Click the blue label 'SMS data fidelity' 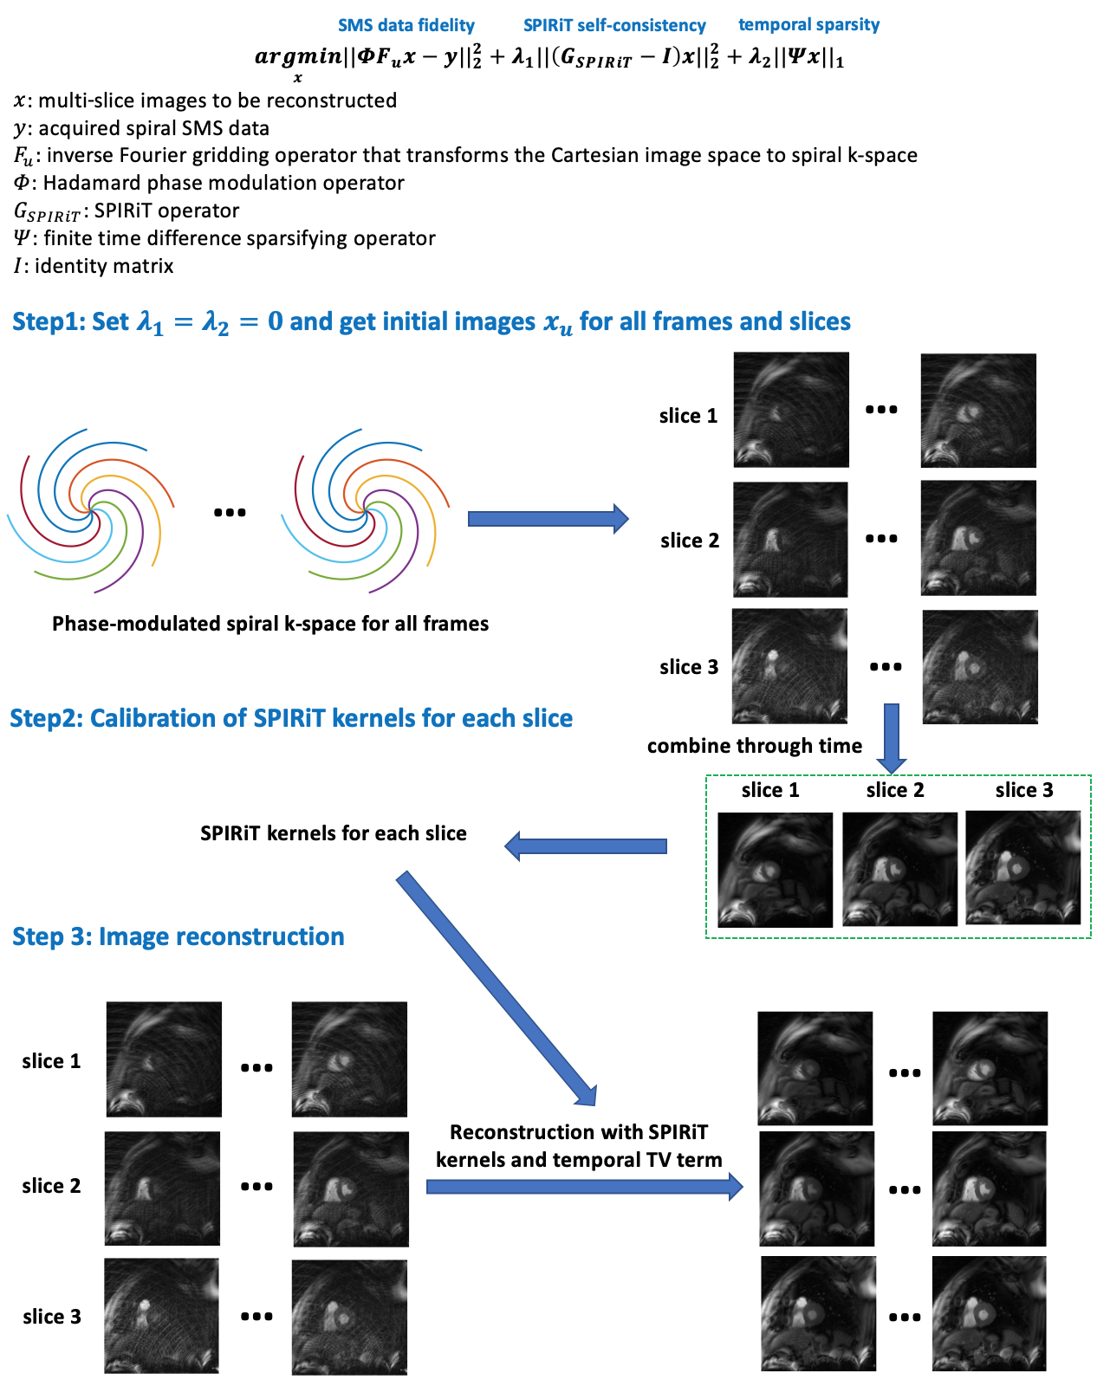point(406,25)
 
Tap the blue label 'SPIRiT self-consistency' point(614,26)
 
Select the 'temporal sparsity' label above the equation point(808,24)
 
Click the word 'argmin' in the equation point(297,57)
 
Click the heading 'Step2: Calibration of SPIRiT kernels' point(291,718)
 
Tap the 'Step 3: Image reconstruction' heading point(179,936)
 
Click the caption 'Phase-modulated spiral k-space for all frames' point(270,624)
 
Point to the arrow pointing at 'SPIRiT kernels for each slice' point(586,846)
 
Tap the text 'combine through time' point(755,746)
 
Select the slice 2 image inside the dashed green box point(899,869)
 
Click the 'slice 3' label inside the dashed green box point(1024,790)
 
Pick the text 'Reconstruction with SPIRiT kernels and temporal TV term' point(579,1146)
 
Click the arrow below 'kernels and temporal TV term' point(584,1186)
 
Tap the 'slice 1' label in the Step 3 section point(51,1061)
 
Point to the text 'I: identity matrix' point(94,266)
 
